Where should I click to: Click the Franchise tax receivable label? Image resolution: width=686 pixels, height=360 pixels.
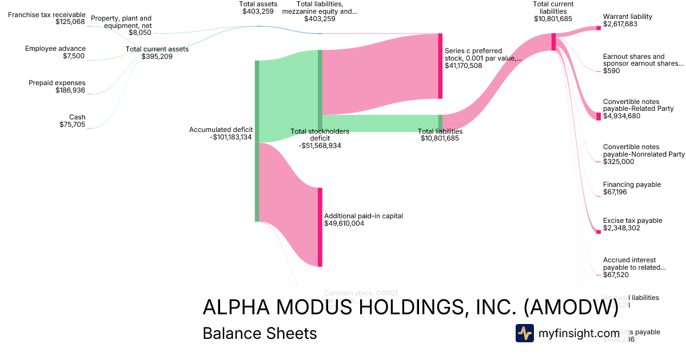coord(46,14)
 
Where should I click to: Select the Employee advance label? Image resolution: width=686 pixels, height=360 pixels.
coord(55,49)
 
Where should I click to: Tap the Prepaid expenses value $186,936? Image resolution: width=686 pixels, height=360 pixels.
coord(70,90)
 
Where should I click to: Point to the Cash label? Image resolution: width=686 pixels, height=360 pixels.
coord(77,117)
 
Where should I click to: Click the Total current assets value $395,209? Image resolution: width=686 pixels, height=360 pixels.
coord(157,57)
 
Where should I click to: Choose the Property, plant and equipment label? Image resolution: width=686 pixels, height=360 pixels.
coord(121,22)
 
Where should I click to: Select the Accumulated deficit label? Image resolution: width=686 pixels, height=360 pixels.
coord(221,130)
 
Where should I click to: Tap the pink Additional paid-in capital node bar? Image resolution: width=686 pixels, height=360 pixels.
coord(320,227)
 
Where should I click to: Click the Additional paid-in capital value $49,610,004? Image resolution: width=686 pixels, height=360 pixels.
coord(344,223)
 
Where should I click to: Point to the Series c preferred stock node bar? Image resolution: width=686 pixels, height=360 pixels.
coord(440,66)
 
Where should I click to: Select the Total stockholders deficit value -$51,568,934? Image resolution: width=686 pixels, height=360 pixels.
coord(320,146)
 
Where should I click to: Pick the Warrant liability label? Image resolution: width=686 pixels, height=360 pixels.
coord(627,17)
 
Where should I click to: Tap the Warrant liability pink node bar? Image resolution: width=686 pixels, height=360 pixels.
coord(599,27)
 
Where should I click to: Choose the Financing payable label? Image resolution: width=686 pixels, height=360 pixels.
coord(632,185)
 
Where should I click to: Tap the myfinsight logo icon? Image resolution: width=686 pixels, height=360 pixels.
coord(524,333)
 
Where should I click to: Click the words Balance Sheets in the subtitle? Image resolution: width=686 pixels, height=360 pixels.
coord(260,333)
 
